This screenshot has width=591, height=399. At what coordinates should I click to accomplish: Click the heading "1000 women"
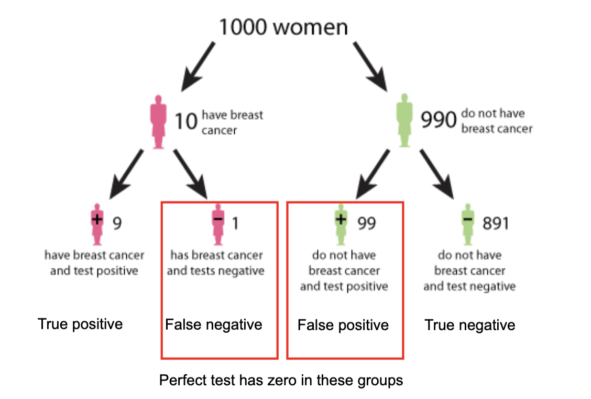pos(282,27)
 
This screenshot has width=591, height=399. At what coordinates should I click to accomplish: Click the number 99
pos(367,223)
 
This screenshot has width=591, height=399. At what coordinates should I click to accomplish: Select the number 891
pos(496,223)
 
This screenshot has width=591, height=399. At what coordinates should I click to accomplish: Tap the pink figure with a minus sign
pos(218,224)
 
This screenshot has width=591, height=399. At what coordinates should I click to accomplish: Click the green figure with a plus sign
pos(341,224)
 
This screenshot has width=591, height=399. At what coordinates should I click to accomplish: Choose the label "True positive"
pos(80,324)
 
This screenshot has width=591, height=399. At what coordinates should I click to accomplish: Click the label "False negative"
pos(214,325)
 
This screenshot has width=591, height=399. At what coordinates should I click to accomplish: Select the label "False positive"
pos(343,325)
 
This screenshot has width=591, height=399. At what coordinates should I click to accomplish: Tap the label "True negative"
pos(470,325)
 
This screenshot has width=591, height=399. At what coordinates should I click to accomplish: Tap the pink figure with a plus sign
pos(96,224)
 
